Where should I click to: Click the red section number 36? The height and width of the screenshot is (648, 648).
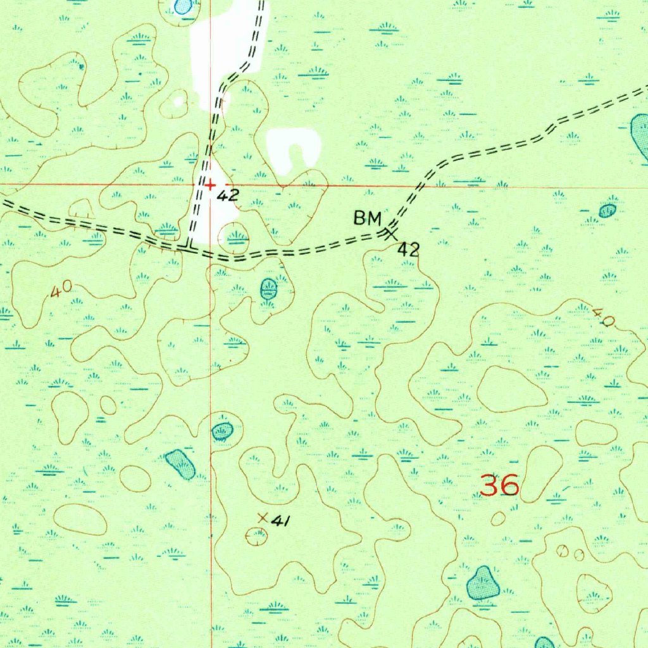500,486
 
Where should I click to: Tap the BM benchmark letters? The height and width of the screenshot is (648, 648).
367,220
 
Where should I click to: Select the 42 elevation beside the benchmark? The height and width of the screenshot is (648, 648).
408,249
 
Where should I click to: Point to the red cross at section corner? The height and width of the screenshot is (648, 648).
210,185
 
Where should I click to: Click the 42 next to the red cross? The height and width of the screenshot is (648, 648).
227,195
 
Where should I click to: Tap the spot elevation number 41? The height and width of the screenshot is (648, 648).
280,521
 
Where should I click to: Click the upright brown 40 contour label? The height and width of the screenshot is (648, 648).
61,290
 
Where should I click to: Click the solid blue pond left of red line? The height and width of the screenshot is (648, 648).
180,464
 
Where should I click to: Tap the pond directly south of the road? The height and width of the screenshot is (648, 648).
269,289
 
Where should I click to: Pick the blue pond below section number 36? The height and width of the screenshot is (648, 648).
483,583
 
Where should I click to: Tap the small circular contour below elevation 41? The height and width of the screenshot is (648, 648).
257,537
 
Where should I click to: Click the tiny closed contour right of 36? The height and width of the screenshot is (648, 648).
498,518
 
